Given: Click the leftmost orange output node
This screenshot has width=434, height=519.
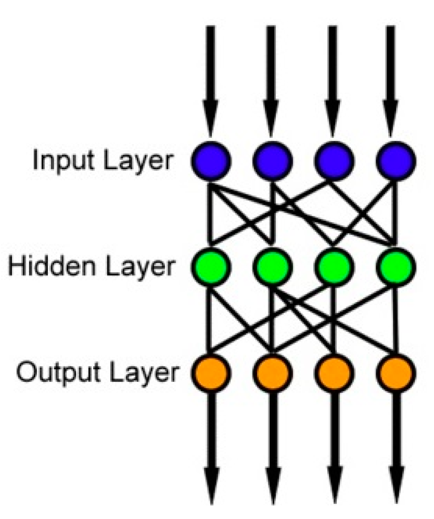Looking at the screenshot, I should pos(210,372).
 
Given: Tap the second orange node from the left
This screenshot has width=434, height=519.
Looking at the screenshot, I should pos(272,372).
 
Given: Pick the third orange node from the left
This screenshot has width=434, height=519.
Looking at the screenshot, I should pos(334,372).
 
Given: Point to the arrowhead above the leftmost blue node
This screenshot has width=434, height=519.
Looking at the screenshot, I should pos(210,120).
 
